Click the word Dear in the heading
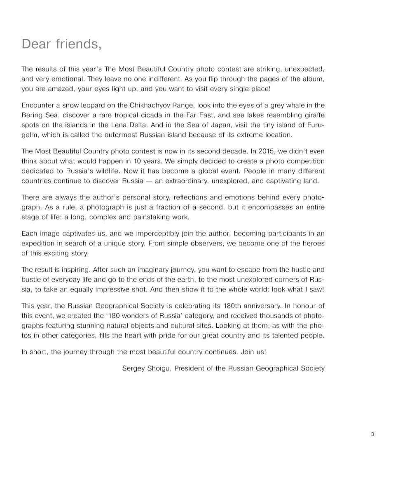pyautogui.click(x=36, y=43)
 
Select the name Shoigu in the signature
pyautogui.click(x=157, y=368)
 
